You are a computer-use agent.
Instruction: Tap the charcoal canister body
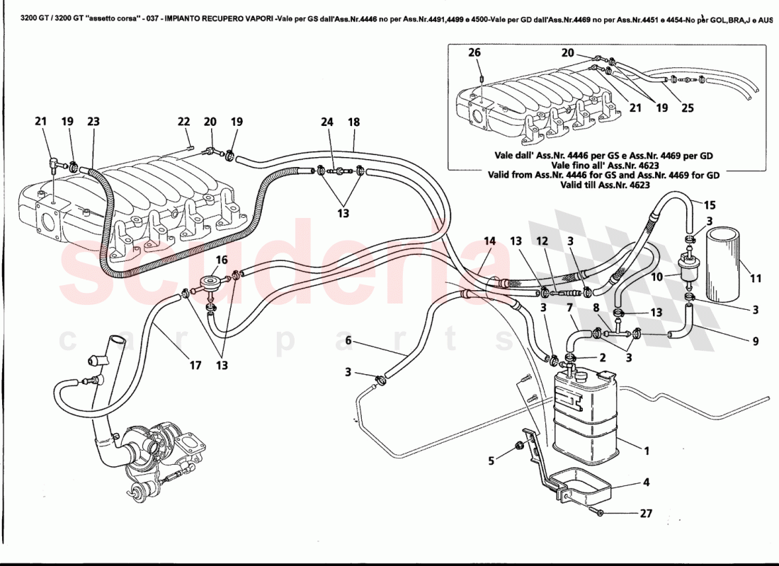pos(584,414)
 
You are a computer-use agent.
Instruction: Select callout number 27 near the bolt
pos(645,514)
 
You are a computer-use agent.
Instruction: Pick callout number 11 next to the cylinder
pos(756,279)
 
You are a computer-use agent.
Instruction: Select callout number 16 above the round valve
pos(222,260)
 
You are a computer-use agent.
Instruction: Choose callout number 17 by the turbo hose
pos(195,365)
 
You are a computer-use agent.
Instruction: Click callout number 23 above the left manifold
pos(93,122)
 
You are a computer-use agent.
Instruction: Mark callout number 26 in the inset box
pos(474,52)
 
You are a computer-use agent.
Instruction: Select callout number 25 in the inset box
pos(687,108)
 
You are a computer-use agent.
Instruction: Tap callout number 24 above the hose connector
pos(326,122)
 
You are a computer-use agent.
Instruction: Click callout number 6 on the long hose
pos(348,341)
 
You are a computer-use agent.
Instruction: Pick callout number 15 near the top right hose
pos(710,205)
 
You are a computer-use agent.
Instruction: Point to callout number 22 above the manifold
pos(183,122)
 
